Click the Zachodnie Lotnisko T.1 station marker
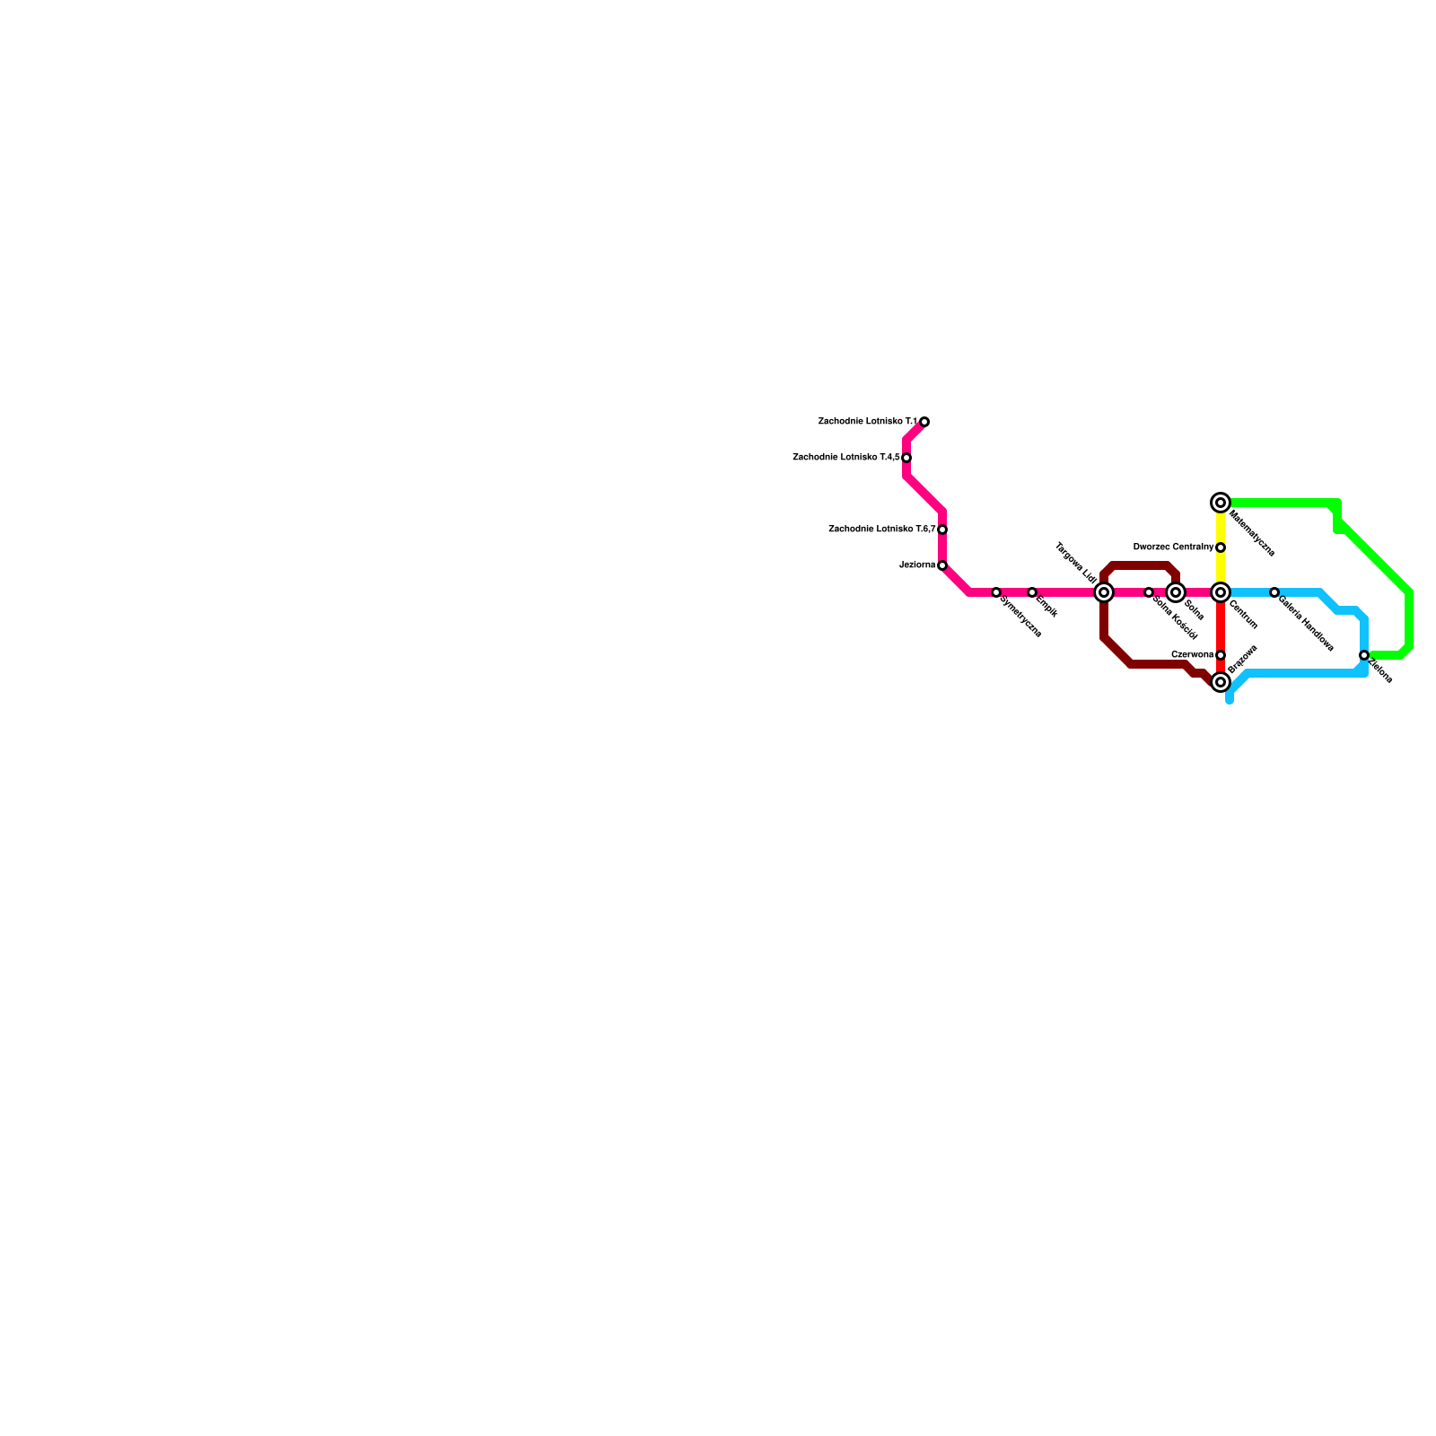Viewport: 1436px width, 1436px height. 924,422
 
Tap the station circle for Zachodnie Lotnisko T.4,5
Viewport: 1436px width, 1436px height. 906,458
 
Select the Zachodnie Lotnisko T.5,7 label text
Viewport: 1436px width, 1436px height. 881,530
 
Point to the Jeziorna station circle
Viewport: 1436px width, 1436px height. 942,565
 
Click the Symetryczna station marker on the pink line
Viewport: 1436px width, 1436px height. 996,592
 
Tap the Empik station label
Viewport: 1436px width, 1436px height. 1046,607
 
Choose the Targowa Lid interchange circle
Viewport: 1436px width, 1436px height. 1104,592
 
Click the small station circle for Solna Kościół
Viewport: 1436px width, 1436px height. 1149,592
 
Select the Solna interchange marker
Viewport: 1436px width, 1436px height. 1176,592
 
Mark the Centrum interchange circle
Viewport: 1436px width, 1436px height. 1221,592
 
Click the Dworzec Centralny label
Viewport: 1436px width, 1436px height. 1173,547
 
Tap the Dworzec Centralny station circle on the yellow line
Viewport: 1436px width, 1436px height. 1221,547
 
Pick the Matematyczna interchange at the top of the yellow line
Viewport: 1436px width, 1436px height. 1221,503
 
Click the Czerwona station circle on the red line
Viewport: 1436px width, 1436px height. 1221,655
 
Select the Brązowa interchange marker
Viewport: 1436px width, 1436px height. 1221,682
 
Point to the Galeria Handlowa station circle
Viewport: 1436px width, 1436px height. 1274,592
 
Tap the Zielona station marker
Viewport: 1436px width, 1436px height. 1364,655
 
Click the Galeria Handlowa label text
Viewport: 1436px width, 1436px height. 1306,623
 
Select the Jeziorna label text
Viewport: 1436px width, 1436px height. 917,565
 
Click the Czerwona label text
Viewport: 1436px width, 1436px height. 1192,655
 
